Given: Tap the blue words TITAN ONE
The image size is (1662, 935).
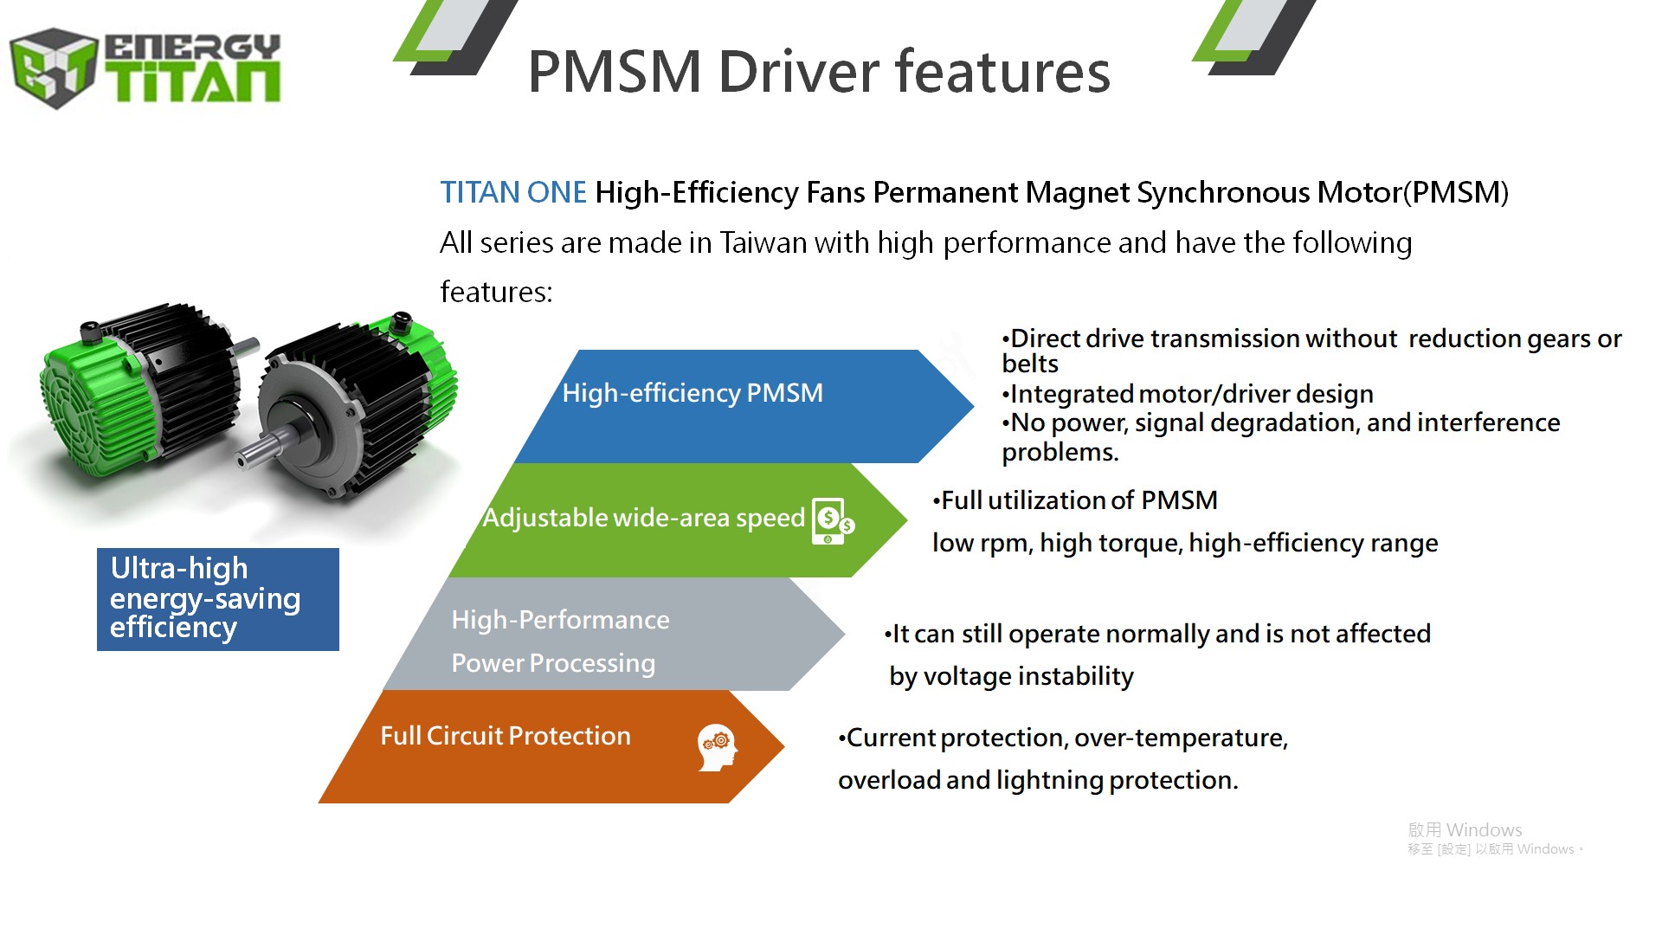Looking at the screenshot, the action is pos(513,192).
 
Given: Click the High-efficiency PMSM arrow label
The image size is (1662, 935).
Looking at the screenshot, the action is pos(692,393).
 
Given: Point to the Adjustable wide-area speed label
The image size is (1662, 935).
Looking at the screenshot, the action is pos(644,518).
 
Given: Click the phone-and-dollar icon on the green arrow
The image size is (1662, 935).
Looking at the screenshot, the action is pos(833,521).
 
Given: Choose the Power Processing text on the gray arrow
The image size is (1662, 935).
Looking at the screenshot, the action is pos(553,663).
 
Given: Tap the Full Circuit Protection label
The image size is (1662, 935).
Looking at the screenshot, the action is pos(506,736).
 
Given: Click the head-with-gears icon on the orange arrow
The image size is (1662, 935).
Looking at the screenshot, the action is pos(718,747).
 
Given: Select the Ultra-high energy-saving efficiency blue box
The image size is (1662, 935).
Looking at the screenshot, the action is pos(218,599).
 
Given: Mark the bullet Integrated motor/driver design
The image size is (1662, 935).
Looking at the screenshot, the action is pos(1188,394).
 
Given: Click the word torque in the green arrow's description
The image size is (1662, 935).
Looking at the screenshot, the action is pos(1140,543).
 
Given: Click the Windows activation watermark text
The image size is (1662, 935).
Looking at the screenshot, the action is pos(1495,838).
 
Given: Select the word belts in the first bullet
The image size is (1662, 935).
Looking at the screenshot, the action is pos(1030,364).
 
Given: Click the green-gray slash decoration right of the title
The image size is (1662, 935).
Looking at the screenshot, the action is pos(1254,37).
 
